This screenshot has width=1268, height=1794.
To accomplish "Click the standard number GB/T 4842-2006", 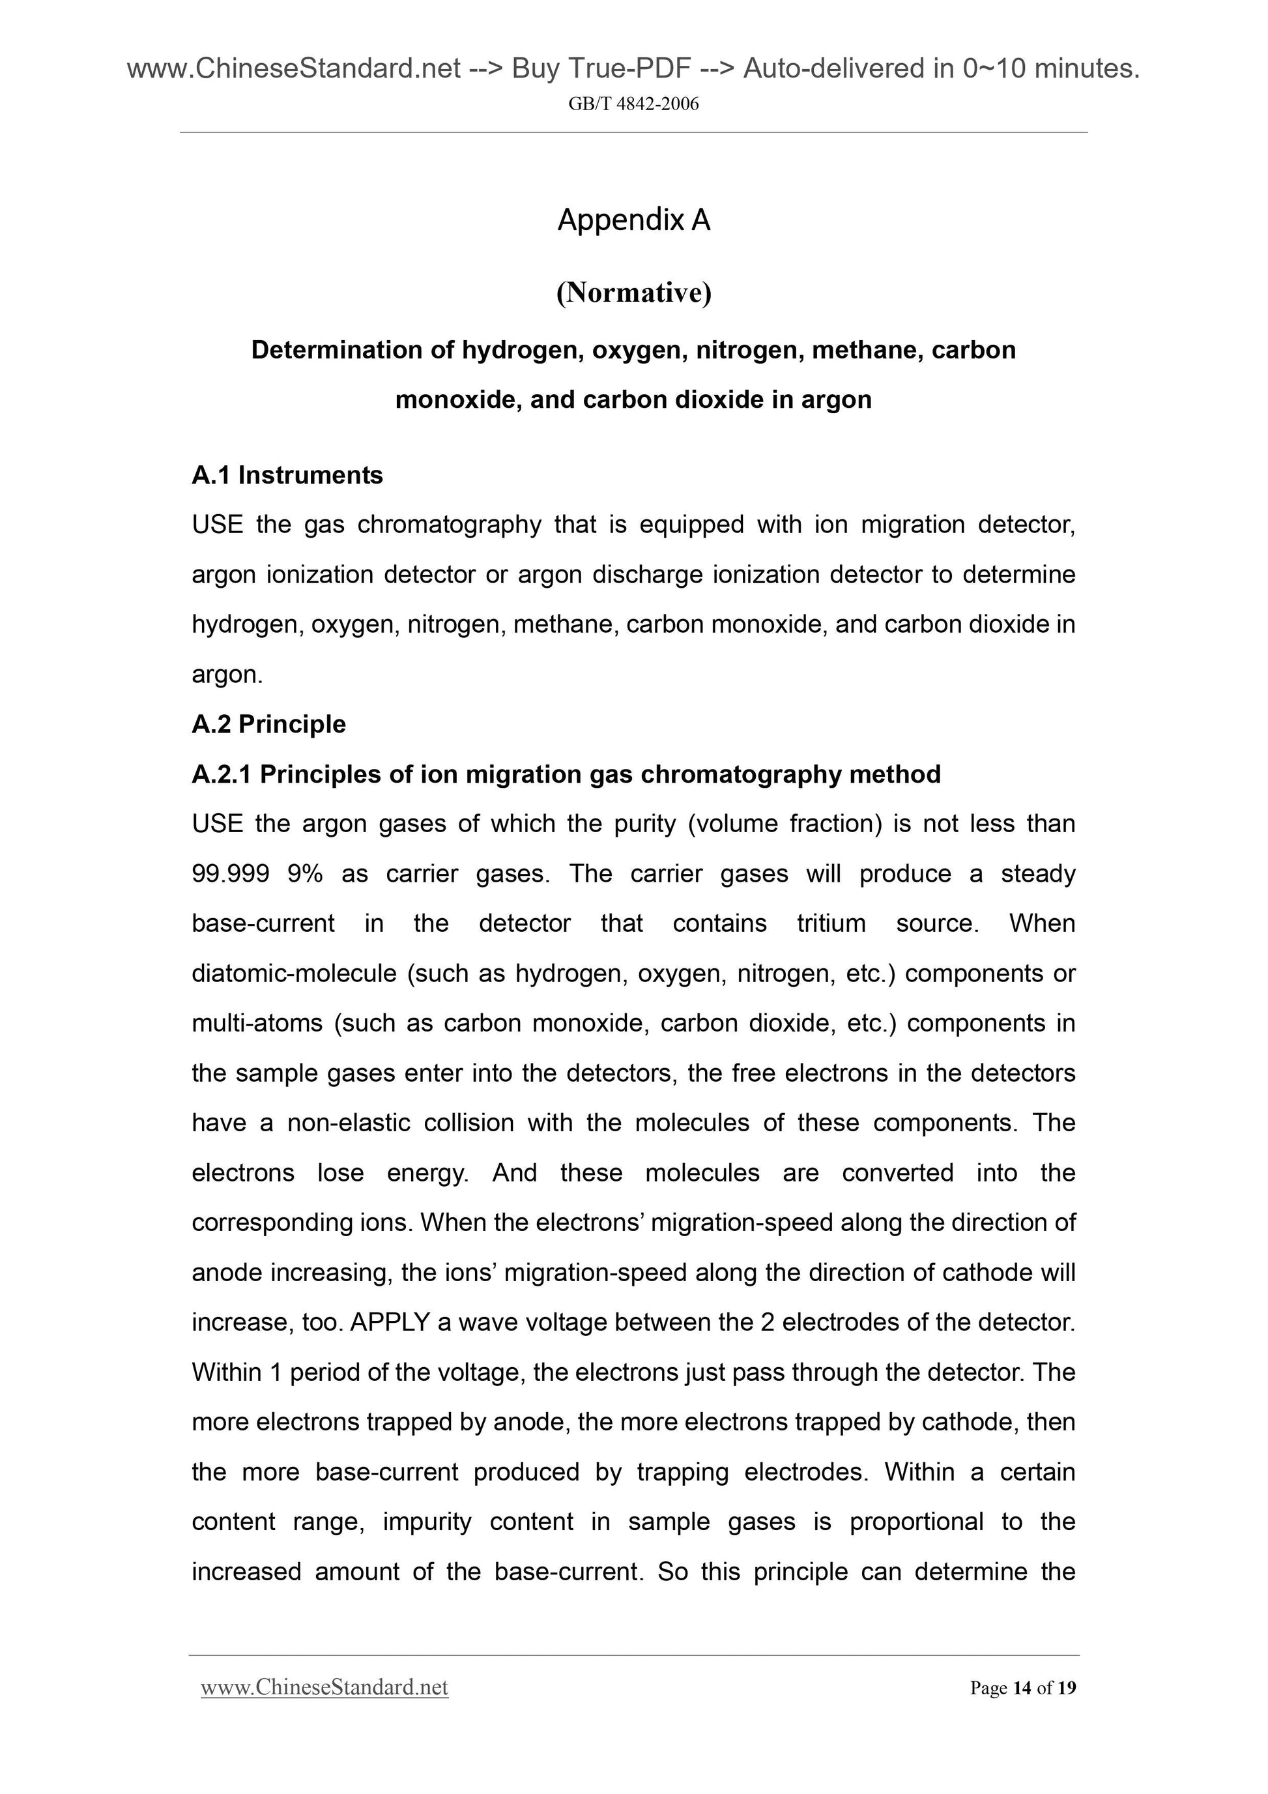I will click(633, 104).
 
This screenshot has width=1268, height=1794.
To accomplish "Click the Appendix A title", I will click(633, 220).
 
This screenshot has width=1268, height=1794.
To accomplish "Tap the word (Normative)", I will click(633, 293).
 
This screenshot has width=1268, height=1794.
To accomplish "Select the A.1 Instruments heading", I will click(287, 475).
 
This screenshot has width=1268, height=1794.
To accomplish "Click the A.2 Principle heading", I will click(268, 725).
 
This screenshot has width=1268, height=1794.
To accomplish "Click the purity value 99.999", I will click(230, 874).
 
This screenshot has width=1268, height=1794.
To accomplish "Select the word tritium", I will click(831, 923).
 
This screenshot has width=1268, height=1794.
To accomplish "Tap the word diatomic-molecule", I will click(294, 974).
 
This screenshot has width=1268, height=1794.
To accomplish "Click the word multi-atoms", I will click(256, 1024).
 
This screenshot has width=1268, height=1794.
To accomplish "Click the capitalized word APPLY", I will click(390, 1323).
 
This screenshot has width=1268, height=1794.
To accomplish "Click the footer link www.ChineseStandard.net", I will click(324, 1688).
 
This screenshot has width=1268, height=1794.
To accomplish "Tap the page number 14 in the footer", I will click(1021, 1688).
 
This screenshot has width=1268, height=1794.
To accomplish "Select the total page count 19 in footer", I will click(1067, 1688).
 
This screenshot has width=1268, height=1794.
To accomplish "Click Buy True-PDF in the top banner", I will click(601, 70).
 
